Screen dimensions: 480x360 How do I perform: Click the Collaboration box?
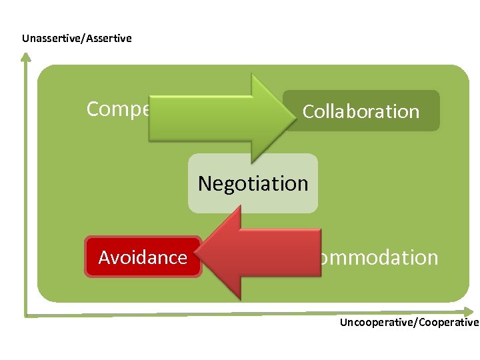(361, 111)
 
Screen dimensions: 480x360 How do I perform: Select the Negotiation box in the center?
(253, 183)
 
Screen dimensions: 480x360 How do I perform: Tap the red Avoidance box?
(143, 257)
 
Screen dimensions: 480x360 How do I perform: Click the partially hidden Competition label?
(117, 109)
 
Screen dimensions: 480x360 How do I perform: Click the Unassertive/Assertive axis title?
(77, 38)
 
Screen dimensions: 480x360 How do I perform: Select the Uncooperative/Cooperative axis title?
(409, 323)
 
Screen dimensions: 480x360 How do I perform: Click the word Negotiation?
(253, 183)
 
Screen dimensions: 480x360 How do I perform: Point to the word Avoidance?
(143, 257)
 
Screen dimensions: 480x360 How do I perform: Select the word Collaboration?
(361, 111)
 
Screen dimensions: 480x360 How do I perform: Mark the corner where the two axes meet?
(26, 313)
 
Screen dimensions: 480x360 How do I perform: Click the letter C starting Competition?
(94, 109)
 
